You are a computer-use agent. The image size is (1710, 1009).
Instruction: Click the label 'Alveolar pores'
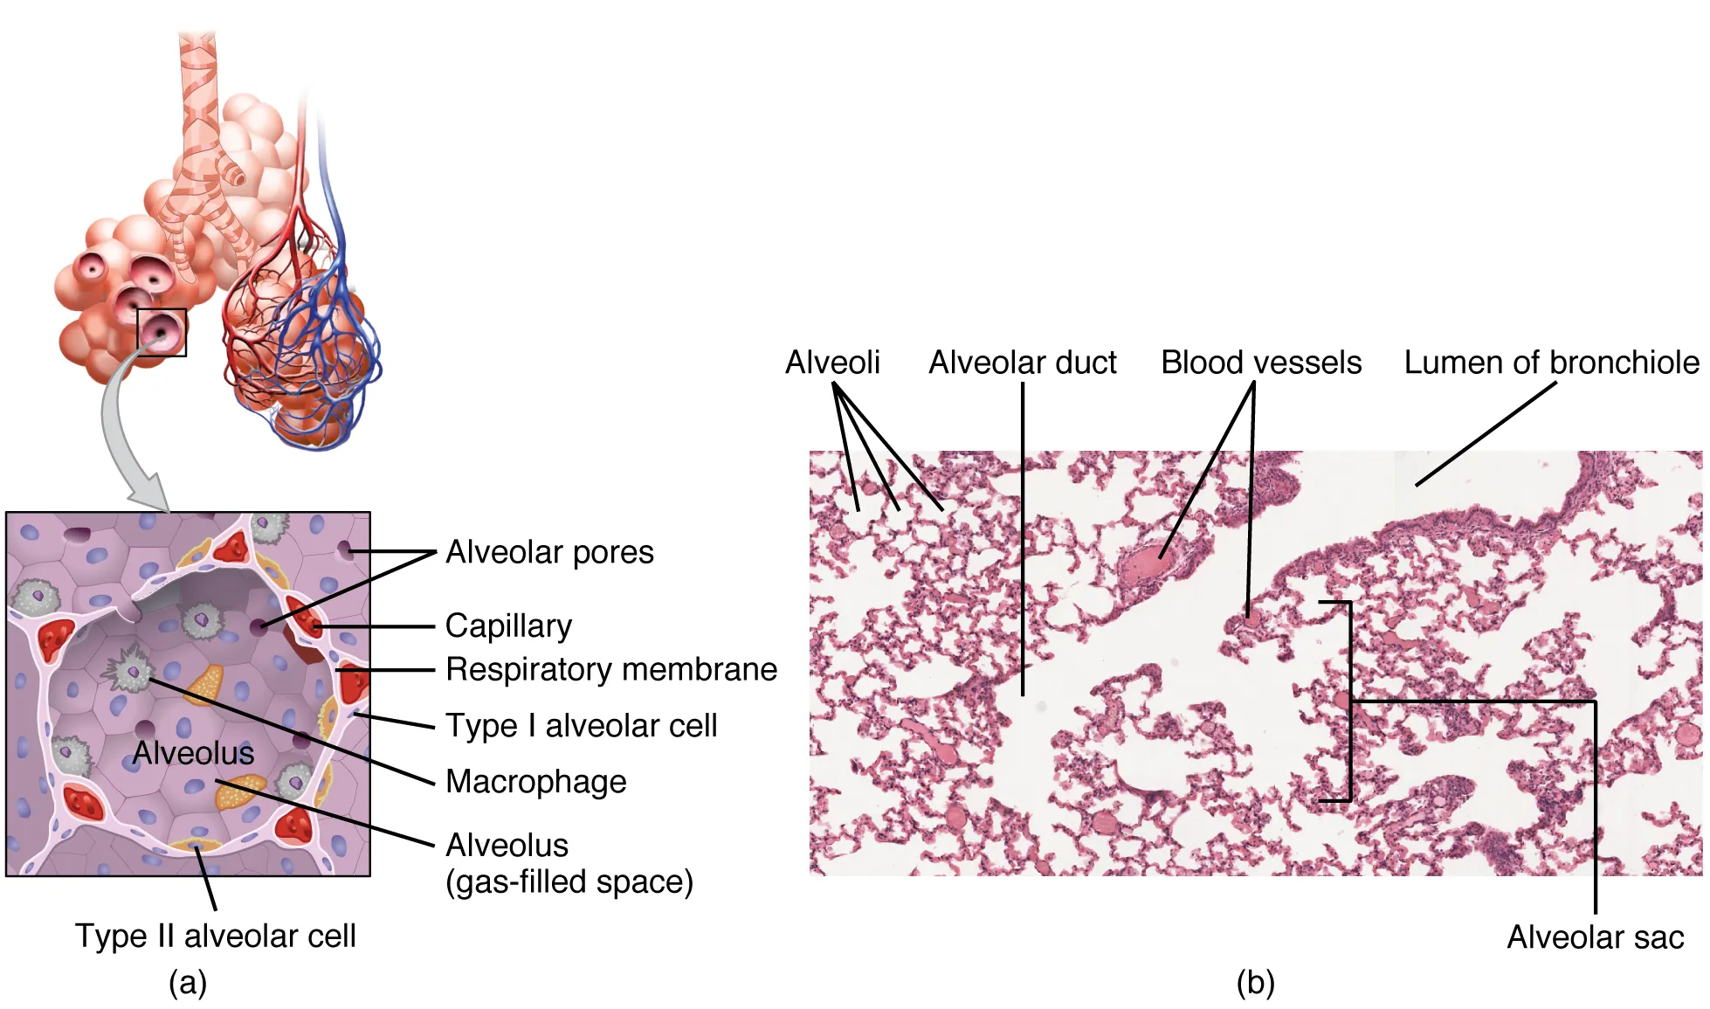549,552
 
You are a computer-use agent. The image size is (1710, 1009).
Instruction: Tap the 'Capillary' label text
508,625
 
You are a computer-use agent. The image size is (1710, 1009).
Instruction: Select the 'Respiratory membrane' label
611,669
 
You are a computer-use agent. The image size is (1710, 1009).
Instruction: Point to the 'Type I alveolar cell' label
582,725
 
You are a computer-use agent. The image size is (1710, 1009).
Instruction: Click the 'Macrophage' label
536,781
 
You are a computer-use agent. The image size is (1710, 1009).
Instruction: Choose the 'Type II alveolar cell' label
216,936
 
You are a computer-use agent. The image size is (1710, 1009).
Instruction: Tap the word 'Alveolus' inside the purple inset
193,753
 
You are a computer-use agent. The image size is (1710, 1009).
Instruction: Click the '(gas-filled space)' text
569,881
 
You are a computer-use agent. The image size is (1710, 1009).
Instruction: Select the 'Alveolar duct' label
1023,363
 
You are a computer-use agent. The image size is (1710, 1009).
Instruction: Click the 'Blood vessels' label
1261,363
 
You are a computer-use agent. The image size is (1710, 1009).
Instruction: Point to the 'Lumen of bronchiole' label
1551,363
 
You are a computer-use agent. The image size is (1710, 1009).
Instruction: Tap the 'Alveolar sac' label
1596,936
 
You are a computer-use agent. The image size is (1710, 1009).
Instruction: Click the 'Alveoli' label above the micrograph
832,363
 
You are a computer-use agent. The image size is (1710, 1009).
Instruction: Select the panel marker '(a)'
188,983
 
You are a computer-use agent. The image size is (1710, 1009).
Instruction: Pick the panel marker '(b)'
1256,983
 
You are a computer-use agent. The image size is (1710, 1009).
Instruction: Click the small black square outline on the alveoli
162,332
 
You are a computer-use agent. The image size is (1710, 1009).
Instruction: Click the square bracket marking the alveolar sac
1350,701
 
